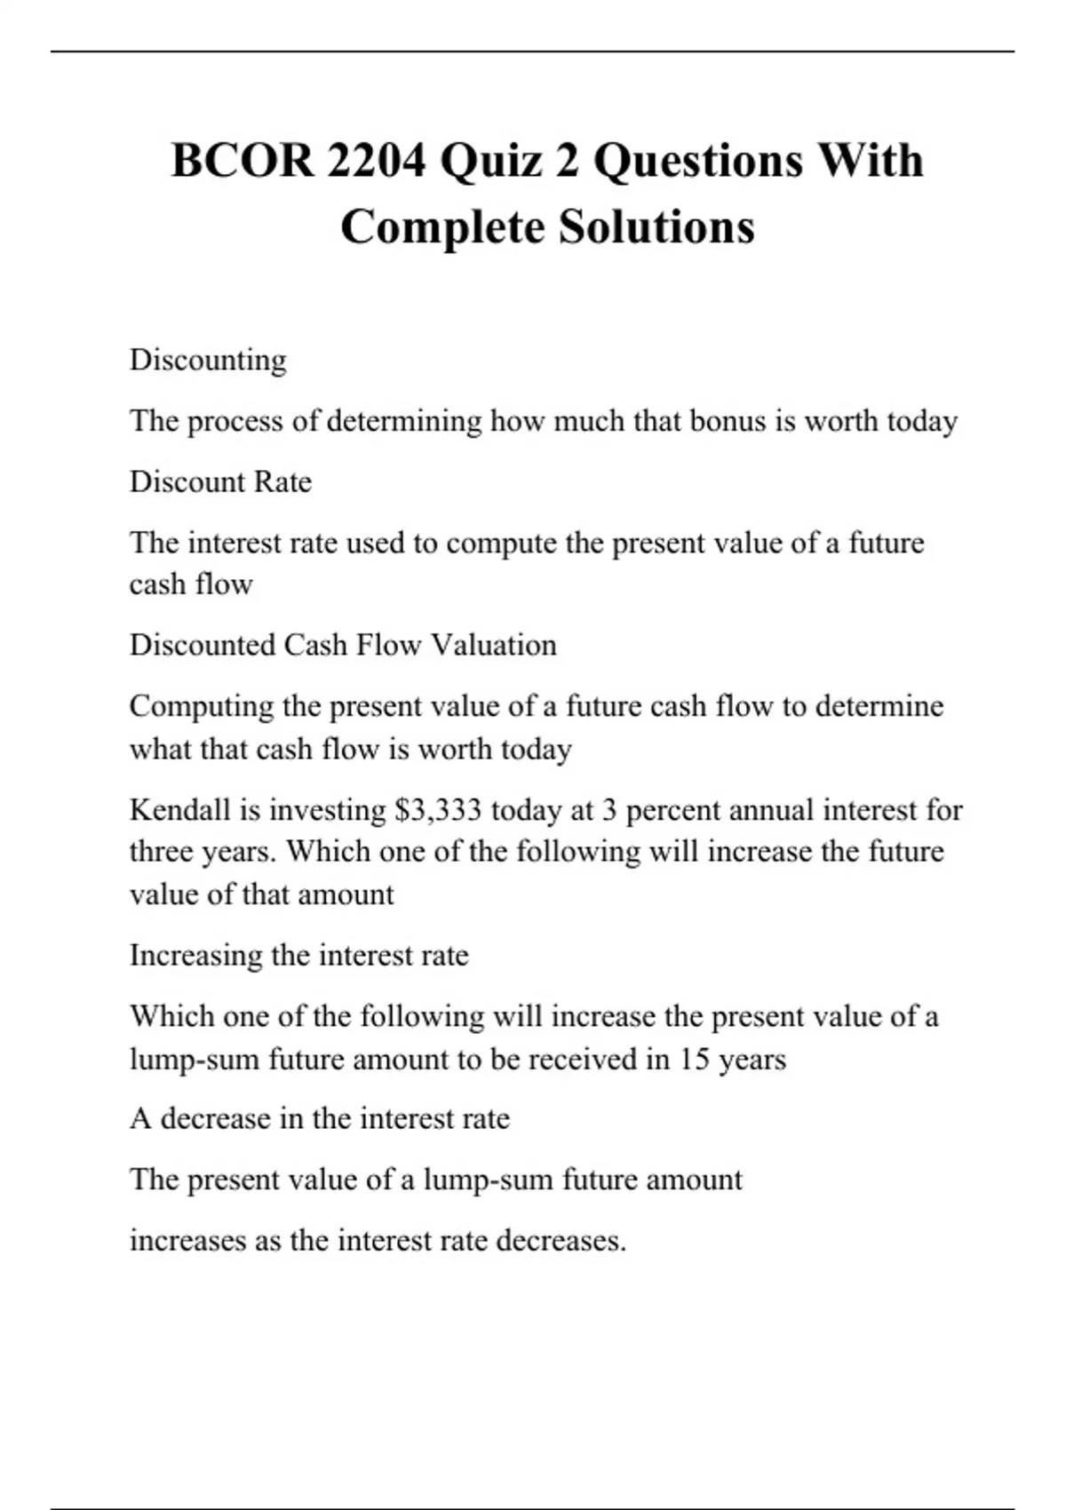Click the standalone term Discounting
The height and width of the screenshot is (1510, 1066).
coord(208,360)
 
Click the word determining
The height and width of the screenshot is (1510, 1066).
coord(404,420)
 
